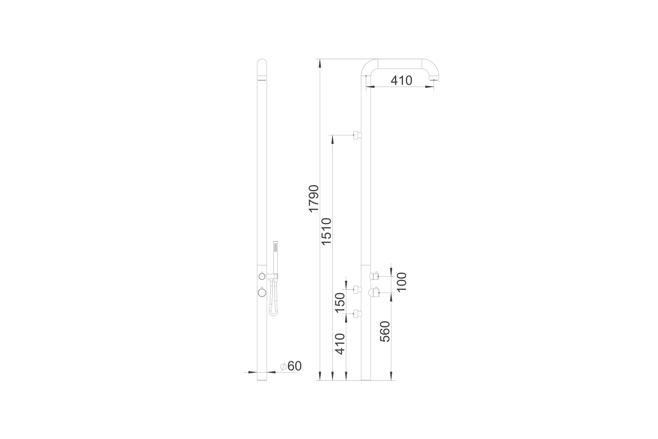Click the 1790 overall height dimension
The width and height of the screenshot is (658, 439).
pyautogui.click(x=314, y=199)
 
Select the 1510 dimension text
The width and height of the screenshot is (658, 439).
pyautogui.click(x=326, y=232)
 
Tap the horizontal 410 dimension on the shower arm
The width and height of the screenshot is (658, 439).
pyautogui.click(x=401, y=81)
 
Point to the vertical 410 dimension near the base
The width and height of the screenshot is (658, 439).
pyautogui.click(x=340, y=344)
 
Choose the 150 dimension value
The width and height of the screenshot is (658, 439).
pyautogui.click(x=340, y=303)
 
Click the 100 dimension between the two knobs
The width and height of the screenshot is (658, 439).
pyautogui.click(x=401, y=282)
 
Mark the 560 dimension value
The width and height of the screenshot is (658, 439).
pyautogui.click(x=385, y=332)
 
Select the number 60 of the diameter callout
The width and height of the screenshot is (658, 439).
pyautogui.click(x=295, y=366)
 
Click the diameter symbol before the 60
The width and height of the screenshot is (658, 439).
pyautogui.click(x=283, y=367)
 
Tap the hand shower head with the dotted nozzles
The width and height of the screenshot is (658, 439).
pyautogui.click(x=276, y=247)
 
